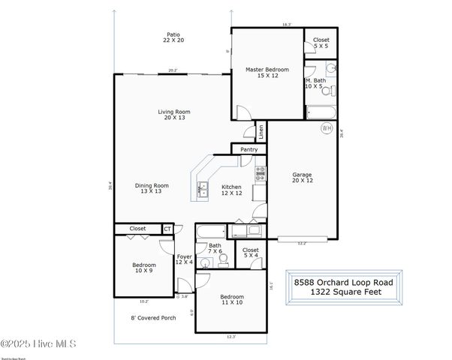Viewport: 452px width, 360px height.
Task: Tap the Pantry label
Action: pyautogui.click(x=249, y=150)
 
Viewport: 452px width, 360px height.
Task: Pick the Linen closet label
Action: pyautogui.click(x=261, y=132)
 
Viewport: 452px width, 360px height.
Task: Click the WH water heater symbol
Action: pyautogui.click(x=327, y=128)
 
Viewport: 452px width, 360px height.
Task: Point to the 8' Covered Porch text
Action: pyautogui.click(x=153, y=317)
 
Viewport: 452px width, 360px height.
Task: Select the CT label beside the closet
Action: pyautogui.click(x=167, y=229)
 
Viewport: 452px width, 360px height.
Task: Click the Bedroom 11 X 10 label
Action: pyautogui.click(x=233, y=300)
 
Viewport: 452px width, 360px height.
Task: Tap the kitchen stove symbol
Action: pyautogui.click(x=261, y=174)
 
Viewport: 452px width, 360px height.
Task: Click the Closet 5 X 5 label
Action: pyautogui.click(x=321, y=42)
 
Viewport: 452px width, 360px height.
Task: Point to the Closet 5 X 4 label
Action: pyautogui.click(x=251, y=253)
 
